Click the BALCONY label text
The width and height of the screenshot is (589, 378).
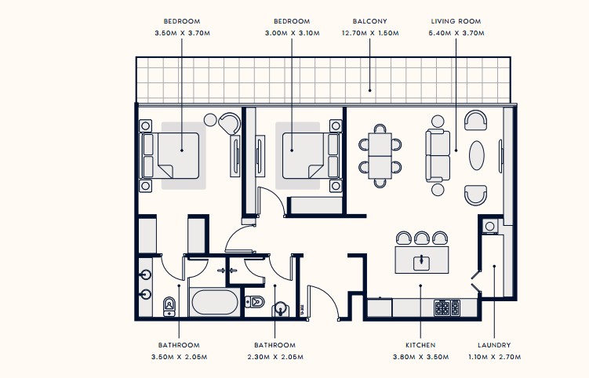(369, 21)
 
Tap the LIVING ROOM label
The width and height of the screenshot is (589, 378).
(456, 21)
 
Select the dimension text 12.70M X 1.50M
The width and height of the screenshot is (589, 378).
(370, 33)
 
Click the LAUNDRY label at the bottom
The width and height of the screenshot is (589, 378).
(494, 345)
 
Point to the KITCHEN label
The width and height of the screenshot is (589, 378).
(420, 345)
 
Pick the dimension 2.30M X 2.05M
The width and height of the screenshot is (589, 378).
(275, 357)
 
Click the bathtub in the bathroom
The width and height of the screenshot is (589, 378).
(214, 302)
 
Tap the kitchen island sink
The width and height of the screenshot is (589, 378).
(422, 262)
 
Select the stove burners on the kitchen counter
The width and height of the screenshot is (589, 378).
(447, 307)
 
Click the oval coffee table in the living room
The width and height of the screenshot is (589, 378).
(476, 155)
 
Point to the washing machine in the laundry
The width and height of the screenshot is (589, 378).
(490, 226)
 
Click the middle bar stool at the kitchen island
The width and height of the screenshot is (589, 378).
(422, 238)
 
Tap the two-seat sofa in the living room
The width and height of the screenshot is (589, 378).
(438, 155)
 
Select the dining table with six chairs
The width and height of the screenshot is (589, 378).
(380, 155)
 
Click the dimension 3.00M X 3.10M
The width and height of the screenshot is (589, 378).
(293, 33)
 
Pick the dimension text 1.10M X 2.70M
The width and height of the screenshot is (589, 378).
(494, 357)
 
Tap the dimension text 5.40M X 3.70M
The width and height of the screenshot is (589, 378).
(456, 33)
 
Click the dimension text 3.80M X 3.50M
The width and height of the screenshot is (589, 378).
(420, 357)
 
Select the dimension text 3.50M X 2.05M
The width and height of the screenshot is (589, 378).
(179, 357)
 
